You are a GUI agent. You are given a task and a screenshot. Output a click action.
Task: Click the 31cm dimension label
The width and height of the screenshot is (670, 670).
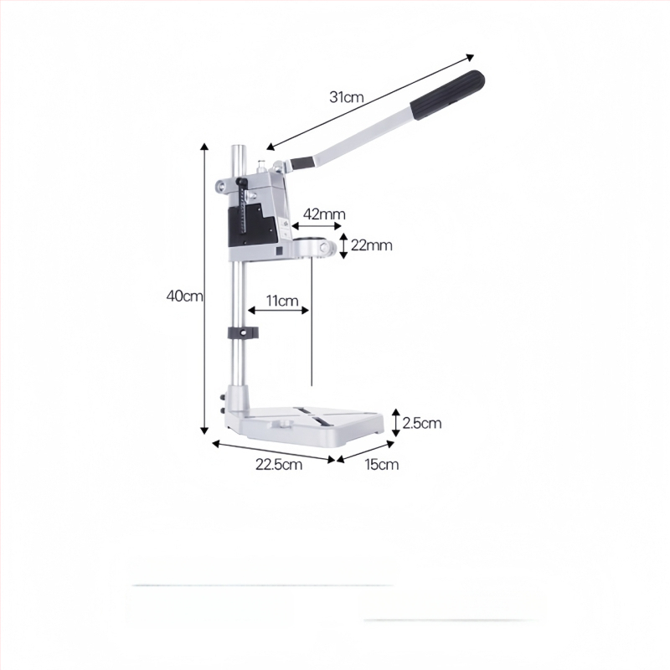(x=346, y=97)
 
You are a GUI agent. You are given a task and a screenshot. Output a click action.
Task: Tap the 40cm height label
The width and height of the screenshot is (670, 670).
(x=184, y=296)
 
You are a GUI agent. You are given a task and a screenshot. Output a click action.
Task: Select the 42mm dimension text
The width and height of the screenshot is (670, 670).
(x=324, y=214)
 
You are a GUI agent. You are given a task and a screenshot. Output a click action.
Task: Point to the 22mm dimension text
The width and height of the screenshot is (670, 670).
(x=371, y=245)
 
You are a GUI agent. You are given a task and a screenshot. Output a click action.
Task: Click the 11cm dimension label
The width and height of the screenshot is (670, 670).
(x=282, y=301)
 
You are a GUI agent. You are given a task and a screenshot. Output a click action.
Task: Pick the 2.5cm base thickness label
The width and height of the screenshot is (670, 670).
(x=422, y=423)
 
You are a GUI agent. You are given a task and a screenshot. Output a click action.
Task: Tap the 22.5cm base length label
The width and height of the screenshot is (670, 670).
(x=279, y=464)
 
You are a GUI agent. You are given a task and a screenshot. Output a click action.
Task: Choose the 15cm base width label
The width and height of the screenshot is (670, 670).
(x=382, y=464)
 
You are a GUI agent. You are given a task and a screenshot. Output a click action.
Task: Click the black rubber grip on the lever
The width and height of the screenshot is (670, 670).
(x=447, y=95)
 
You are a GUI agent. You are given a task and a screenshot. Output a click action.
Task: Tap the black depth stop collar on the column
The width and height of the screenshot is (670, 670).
(x=243, y=332)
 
